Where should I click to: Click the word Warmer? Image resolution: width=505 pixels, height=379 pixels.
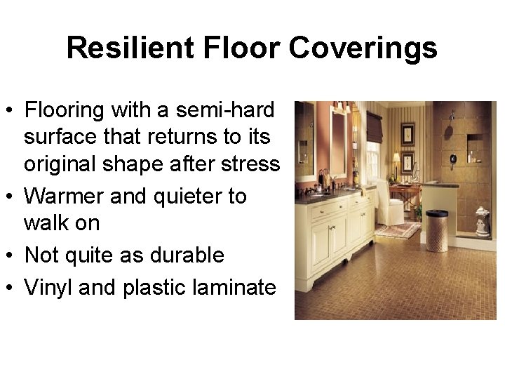click(x=66, y=197)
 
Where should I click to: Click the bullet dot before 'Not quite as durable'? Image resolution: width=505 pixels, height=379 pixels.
click(x=11, y=255)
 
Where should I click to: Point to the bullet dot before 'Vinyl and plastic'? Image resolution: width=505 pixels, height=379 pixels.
click(x=11, y=287)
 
